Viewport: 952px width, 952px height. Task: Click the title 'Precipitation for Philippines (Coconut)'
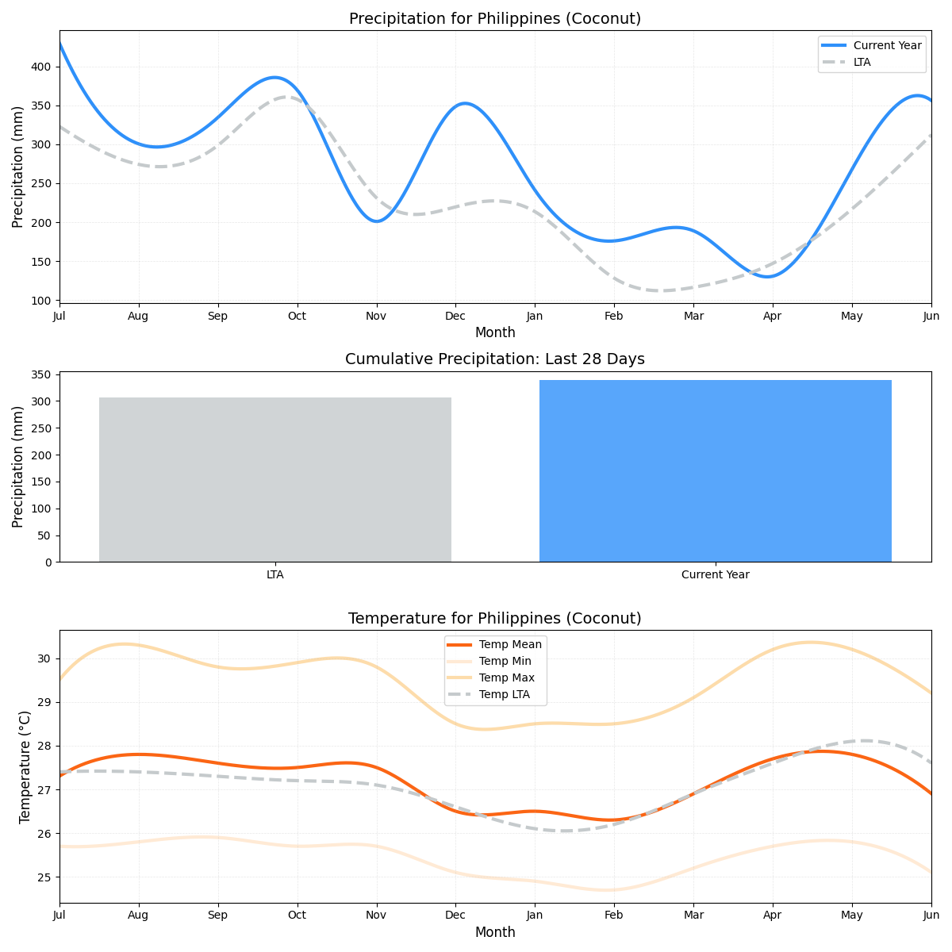[495, 18]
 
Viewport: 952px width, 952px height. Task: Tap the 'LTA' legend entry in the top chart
[862, 62]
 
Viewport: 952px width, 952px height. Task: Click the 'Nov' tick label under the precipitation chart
[376, 316]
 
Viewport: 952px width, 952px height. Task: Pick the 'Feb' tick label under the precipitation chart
[613, 316]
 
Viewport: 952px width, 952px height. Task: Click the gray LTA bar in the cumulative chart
[274, 479]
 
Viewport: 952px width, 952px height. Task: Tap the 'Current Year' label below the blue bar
[715, 574]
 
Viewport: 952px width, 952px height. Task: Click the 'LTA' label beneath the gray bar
[274, 574]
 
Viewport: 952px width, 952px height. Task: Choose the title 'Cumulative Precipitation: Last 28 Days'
[495, 359]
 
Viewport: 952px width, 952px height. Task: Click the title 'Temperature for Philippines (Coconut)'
[495, 618]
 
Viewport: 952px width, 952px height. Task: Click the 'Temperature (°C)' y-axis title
[25, 766]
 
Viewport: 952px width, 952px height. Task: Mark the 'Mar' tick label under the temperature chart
[693, 916]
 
